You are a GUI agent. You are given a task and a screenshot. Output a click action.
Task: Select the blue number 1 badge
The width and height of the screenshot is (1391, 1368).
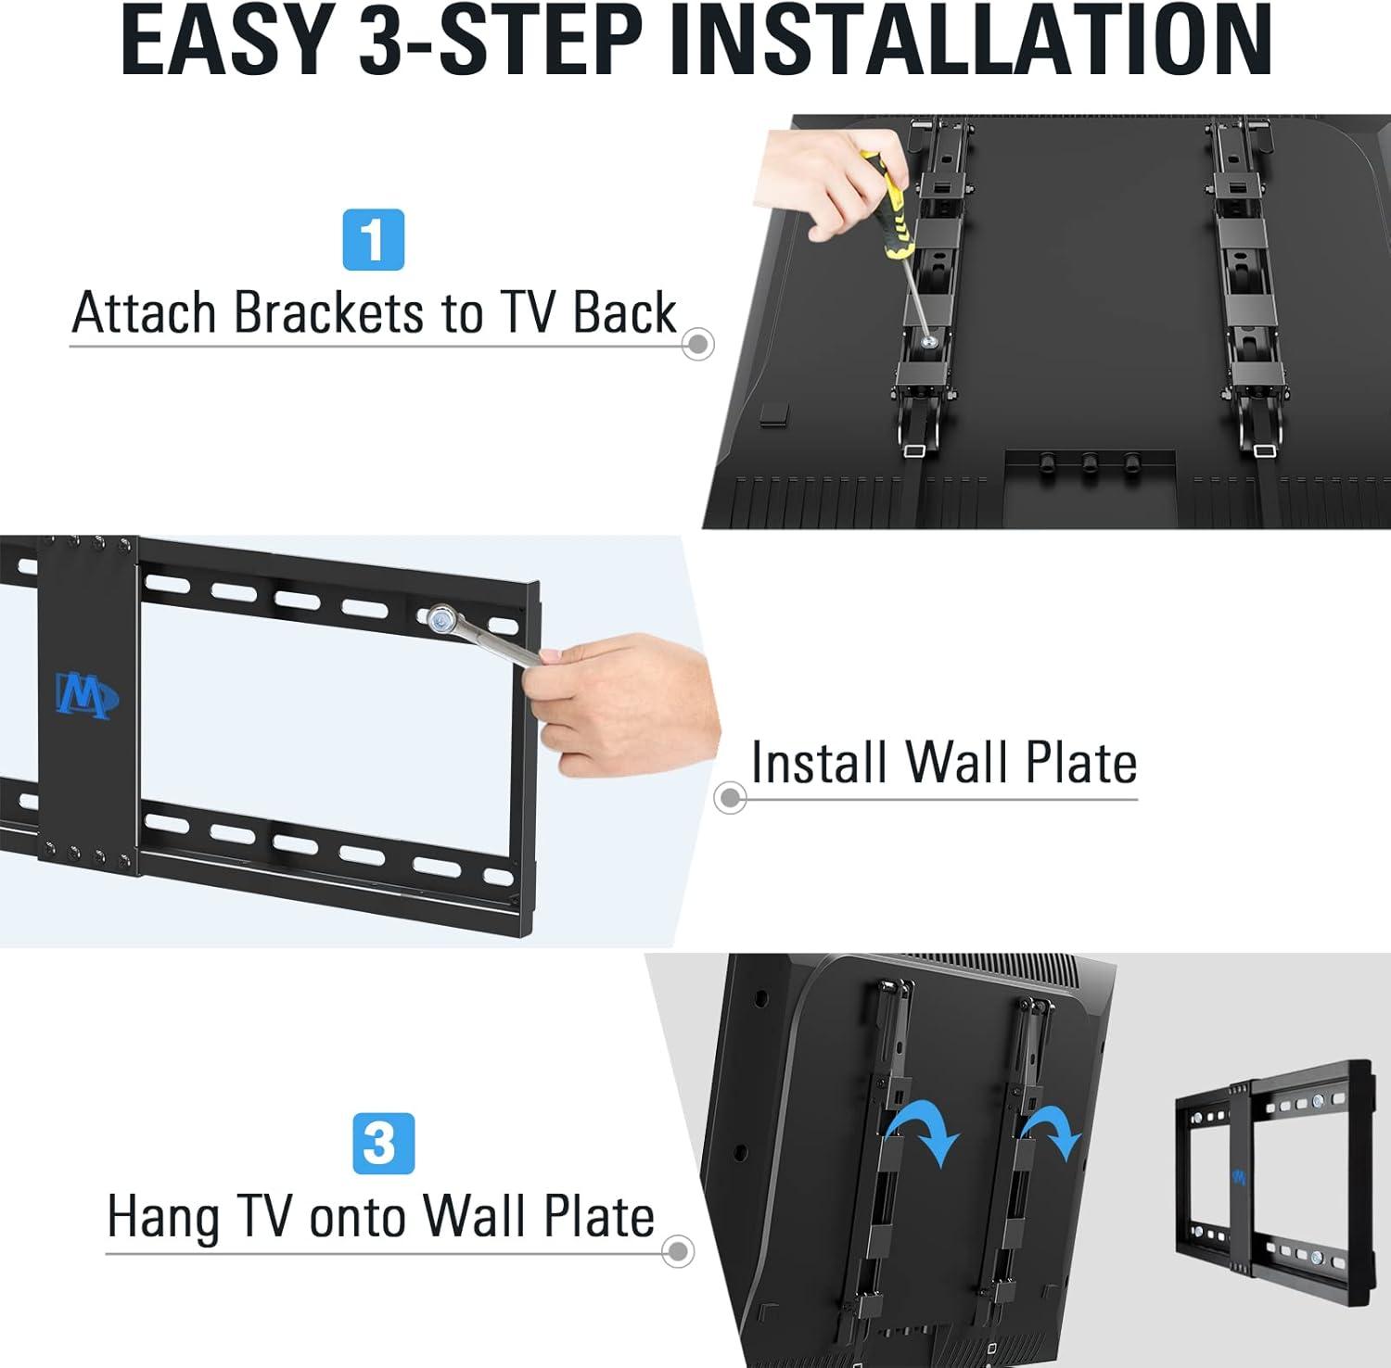tap(374, 240)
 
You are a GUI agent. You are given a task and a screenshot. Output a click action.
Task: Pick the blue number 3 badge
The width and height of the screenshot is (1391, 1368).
tap(384, 1144)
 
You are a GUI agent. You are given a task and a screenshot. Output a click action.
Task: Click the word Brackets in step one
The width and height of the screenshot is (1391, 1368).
tap(330, 312)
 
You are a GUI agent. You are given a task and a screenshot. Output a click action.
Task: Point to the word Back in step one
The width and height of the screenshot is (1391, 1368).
tap(624, 312)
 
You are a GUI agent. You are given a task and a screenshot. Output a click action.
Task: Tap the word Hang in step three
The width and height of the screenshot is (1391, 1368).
tap(163, 1217)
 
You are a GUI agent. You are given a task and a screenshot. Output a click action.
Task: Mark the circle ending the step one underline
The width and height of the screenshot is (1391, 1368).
tap(697, 344)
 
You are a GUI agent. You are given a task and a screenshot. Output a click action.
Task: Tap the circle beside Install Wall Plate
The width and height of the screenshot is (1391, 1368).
tap(731, 797)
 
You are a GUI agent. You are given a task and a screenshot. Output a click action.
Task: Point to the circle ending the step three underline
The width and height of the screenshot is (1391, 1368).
tap(678, 1251)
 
